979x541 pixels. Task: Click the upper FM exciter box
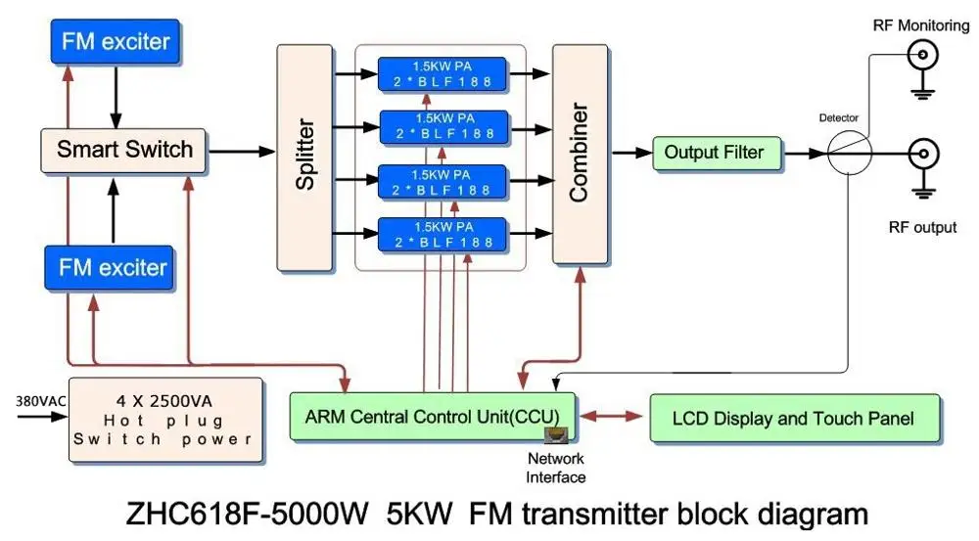pos(116,42)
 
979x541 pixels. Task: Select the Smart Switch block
pos(124,151)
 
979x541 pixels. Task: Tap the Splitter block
pos(304,158)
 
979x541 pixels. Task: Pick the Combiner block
pos(580,154)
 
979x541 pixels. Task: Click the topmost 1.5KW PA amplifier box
pos(443,72)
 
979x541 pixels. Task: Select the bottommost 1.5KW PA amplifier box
pos(443,234)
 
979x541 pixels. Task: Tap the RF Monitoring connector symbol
pos(923,58)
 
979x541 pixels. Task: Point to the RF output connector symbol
pos(923,154)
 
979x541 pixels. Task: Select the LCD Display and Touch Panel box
pos(794,419)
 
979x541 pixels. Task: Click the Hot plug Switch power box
pos(163,419)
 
